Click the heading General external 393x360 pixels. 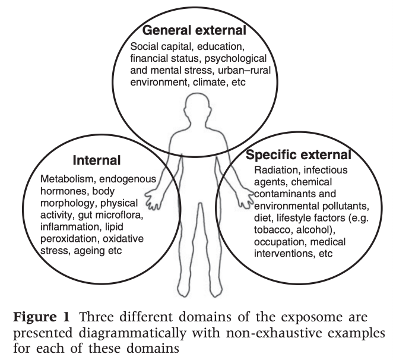(x=194, y=30)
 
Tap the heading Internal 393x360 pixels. (x=97, y=160)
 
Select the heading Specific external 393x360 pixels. (x=298, y=155)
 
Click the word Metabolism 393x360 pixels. (x=66, y=179)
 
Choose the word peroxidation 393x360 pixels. (x=69, y=239)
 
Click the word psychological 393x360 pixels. (x=236, y=58)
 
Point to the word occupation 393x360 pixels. (x=280, y=242)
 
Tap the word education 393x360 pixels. (x=221, y=46)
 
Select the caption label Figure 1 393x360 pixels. (x=42, y=317)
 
